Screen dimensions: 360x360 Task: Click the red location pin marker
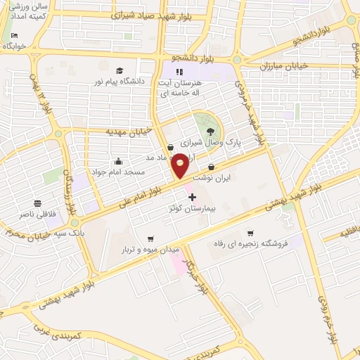[180, 165]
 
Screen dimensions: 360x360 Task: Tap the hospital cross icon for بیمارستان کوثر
[192, 198]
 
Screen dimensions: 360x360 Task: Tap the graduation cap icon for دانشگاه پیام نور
[120, 70]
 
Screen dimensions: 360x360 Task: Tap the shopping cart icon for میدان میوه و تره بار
[148, 238]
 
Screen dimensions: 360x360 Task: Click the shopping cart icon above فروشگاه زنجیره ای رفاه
[250, 233]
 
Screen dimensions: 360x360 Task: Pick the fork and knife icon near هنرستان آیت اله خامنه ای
[179, 72]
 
